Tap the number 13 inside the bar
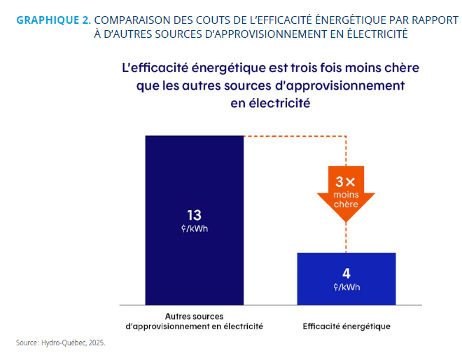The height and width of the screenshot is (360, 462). coord(194,215)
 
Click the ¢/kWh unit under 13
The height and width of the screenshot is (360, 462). coord(194,229)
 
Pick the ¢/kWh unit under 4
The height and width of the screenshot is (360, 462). coord(346,287)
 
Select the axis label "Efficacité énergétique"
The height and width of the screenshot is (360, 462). coord(346,326)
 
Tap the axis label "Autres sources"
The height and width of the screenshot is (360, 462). coord(194,315)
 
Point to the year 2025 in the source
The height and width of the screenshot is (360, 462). coord(96,343)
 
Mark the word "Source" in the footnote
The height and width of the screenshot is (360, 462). coord(27,343)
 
